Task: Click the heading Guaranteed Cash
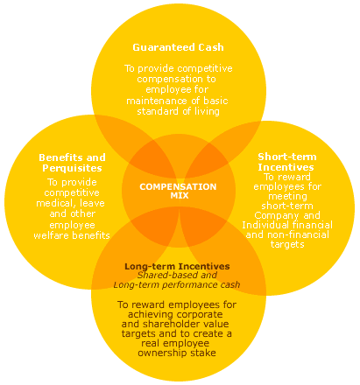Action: point(178,46)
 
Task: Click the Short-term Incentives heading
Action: point(286,161)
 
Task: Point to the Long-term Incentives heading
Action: point(177,265)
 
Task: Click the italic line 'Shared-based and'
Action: point(177,275)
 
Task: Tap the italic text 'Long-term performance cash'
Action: point(177,284)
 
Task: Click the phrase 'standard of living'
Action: point(178,111)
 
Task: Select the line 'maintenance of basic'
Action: point(178,100)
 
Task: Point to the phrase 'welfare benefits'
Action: point(72,235)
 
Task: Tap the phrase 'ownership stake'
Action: point(177,353)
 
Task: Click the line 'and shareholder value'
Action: point(177,324)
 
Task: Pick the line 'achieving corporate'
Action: point(177,314)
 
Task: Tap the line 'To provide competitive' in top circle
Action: point(178,67)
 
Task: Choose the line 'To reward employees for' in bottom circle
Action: point(177,304)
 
